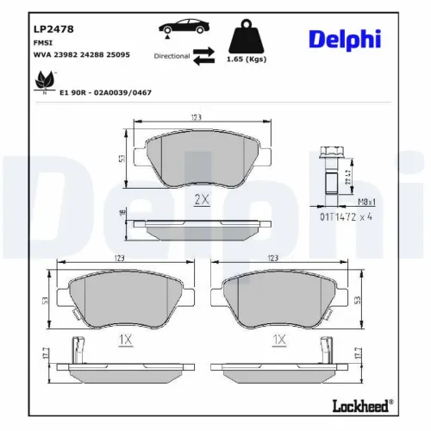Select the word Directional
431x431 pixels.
pos(172,55)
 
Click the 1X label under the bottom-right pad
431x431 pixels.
pos(278,340)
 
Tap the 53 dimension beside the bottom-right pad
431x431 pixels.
pos(358,298)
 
